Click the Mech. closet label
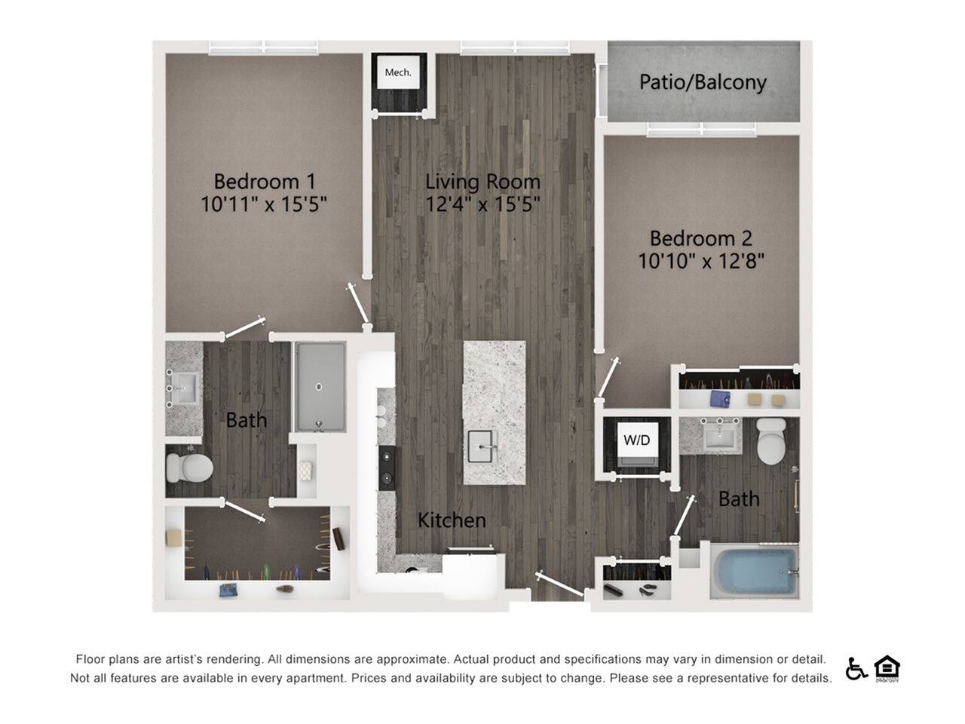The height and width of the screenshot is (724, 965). coord(398,72)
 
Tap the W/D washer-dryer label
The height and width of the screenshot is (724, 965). coord(636,440)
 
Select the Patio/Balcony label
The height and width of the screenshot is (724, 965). coord(703,81)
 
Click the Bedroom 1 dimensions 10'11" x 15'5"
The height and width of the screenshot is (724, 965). coord(263,204)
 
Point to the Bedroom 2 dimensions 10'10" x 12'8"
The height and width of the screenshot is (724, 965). coord(701,261)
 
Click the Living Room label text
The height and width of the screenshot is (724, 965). coord(482,181)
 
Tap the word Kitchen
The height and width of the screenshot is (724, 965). coord(452,520)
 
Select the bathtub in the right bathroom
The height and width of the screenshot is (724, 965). coord(755,571)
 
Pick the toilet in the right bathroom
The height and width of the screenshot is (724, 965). coord(772,442)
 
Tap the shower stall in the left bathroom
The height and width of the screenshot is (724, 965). coord(320,387)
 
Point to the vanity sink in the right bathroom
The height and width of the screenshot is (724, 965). coord(722,436)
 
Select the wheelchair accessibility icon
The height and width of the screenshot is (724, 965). coord(856,668)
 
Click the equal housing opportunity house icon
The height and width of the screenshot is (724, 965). coord(887,667)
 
